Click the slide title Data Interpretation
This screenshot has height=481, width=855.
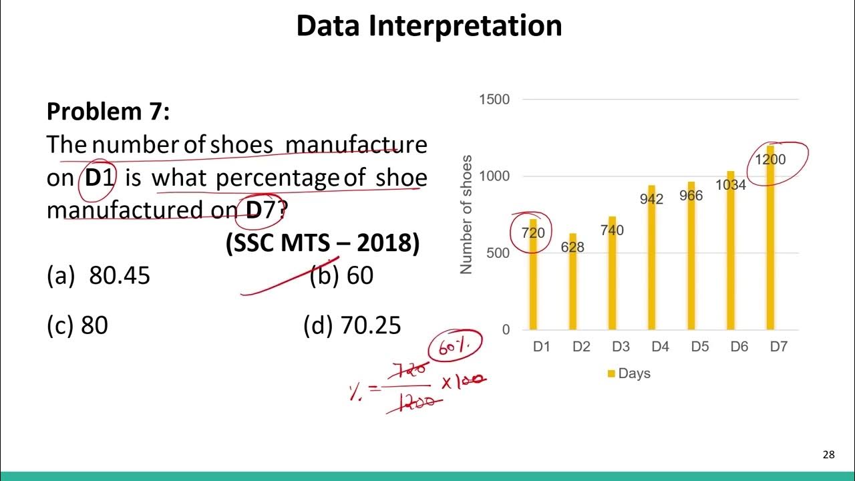click(x=429, y=26)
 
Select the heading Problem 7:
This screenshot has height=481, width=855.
click(x=108, y=112)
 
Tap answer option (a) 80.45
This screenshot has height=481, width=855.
click(x=99, y=275)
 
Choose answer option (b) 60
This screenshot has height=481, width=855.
click(x=341, y=275)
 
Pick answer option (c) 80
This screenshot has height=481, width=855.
click(x=77, y=325)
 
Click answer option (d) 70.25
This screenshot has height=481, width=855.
click(x=352, y=325)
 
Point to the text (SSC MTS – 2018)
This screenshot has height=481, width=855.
click(x=323, y=244)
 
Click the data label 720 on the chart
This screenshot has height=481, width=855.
click(x=533, y=233)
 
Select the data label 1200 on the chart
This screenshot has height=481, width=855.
click(x=770, y=160)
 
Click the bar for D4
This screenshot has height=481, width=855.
click(x=651, y=267)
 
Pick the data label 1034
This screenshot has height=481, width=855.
click(x=731, y=185)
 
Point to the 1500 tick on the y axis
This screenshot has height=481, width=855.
click(x=494, y=100)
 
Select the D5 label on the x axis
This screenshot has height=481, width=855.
click(x=700, y=347)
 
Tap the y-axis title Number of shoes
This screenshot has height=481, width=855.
click(x=466, y=214)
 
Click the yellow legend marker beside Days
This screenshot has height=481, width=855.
click(x=611, y=374)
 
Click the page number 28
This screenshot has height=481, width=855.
click(x=828, y=455)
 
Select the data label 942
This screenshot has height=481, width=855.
click(x=651, y=199)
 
